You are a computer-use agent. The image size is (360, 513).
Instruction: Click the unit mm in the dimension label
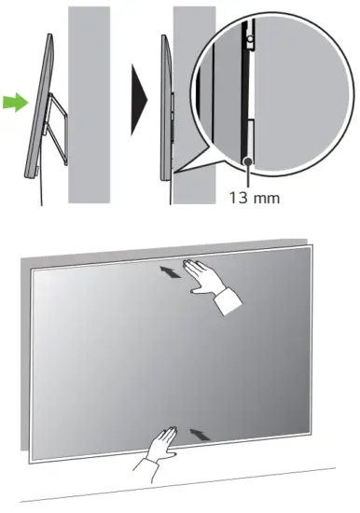[268, 198]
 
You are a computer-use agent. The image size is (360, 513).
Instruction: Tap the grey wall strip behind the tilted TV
[89, 103]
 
